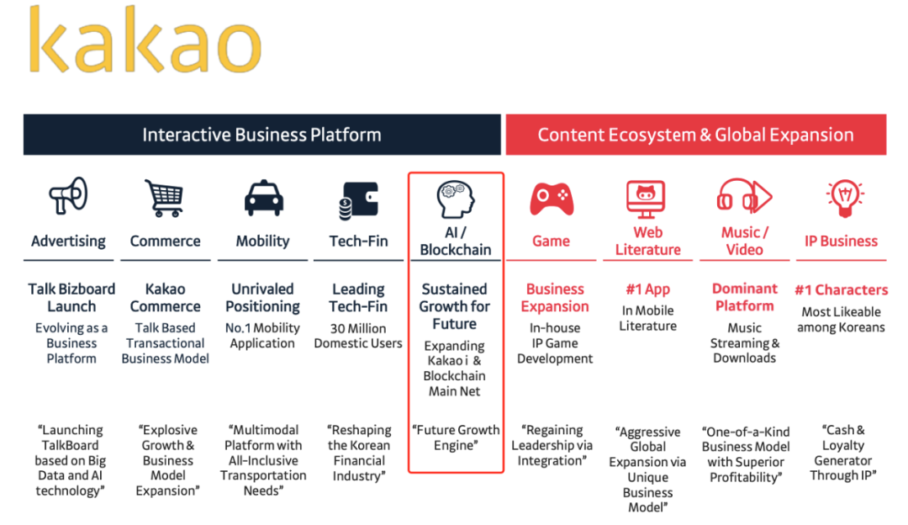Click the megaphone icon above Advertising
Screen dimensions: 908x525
[67, 197]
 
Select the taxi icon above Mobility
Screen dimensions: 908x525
[262, 199]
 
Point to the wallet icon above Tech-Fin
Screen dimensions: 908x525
[358, 201]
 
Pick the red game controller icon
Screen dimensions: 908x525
[551, 199]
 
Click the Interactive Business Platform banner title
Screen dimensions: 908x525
[261, 135]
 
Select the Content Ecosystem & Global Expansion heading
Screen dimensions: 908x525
[695, 135]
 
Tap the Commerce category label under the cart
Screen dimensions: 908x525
[165, 241]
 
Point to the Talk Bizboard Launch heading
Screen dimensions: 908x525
[71, 298]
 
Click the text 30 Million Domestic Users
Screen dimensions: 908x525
[358, 336]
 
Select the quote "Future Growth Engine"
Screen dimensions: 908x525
[455, 437]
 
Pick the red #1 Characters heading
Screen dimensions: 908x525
[841, 290]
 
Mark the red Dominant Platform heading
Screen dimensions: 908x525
[744, 298]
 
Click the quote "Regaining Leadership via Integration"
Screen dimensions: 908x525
[552, 445]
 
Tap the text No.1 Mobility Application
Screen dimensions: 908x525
[262, 336]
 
